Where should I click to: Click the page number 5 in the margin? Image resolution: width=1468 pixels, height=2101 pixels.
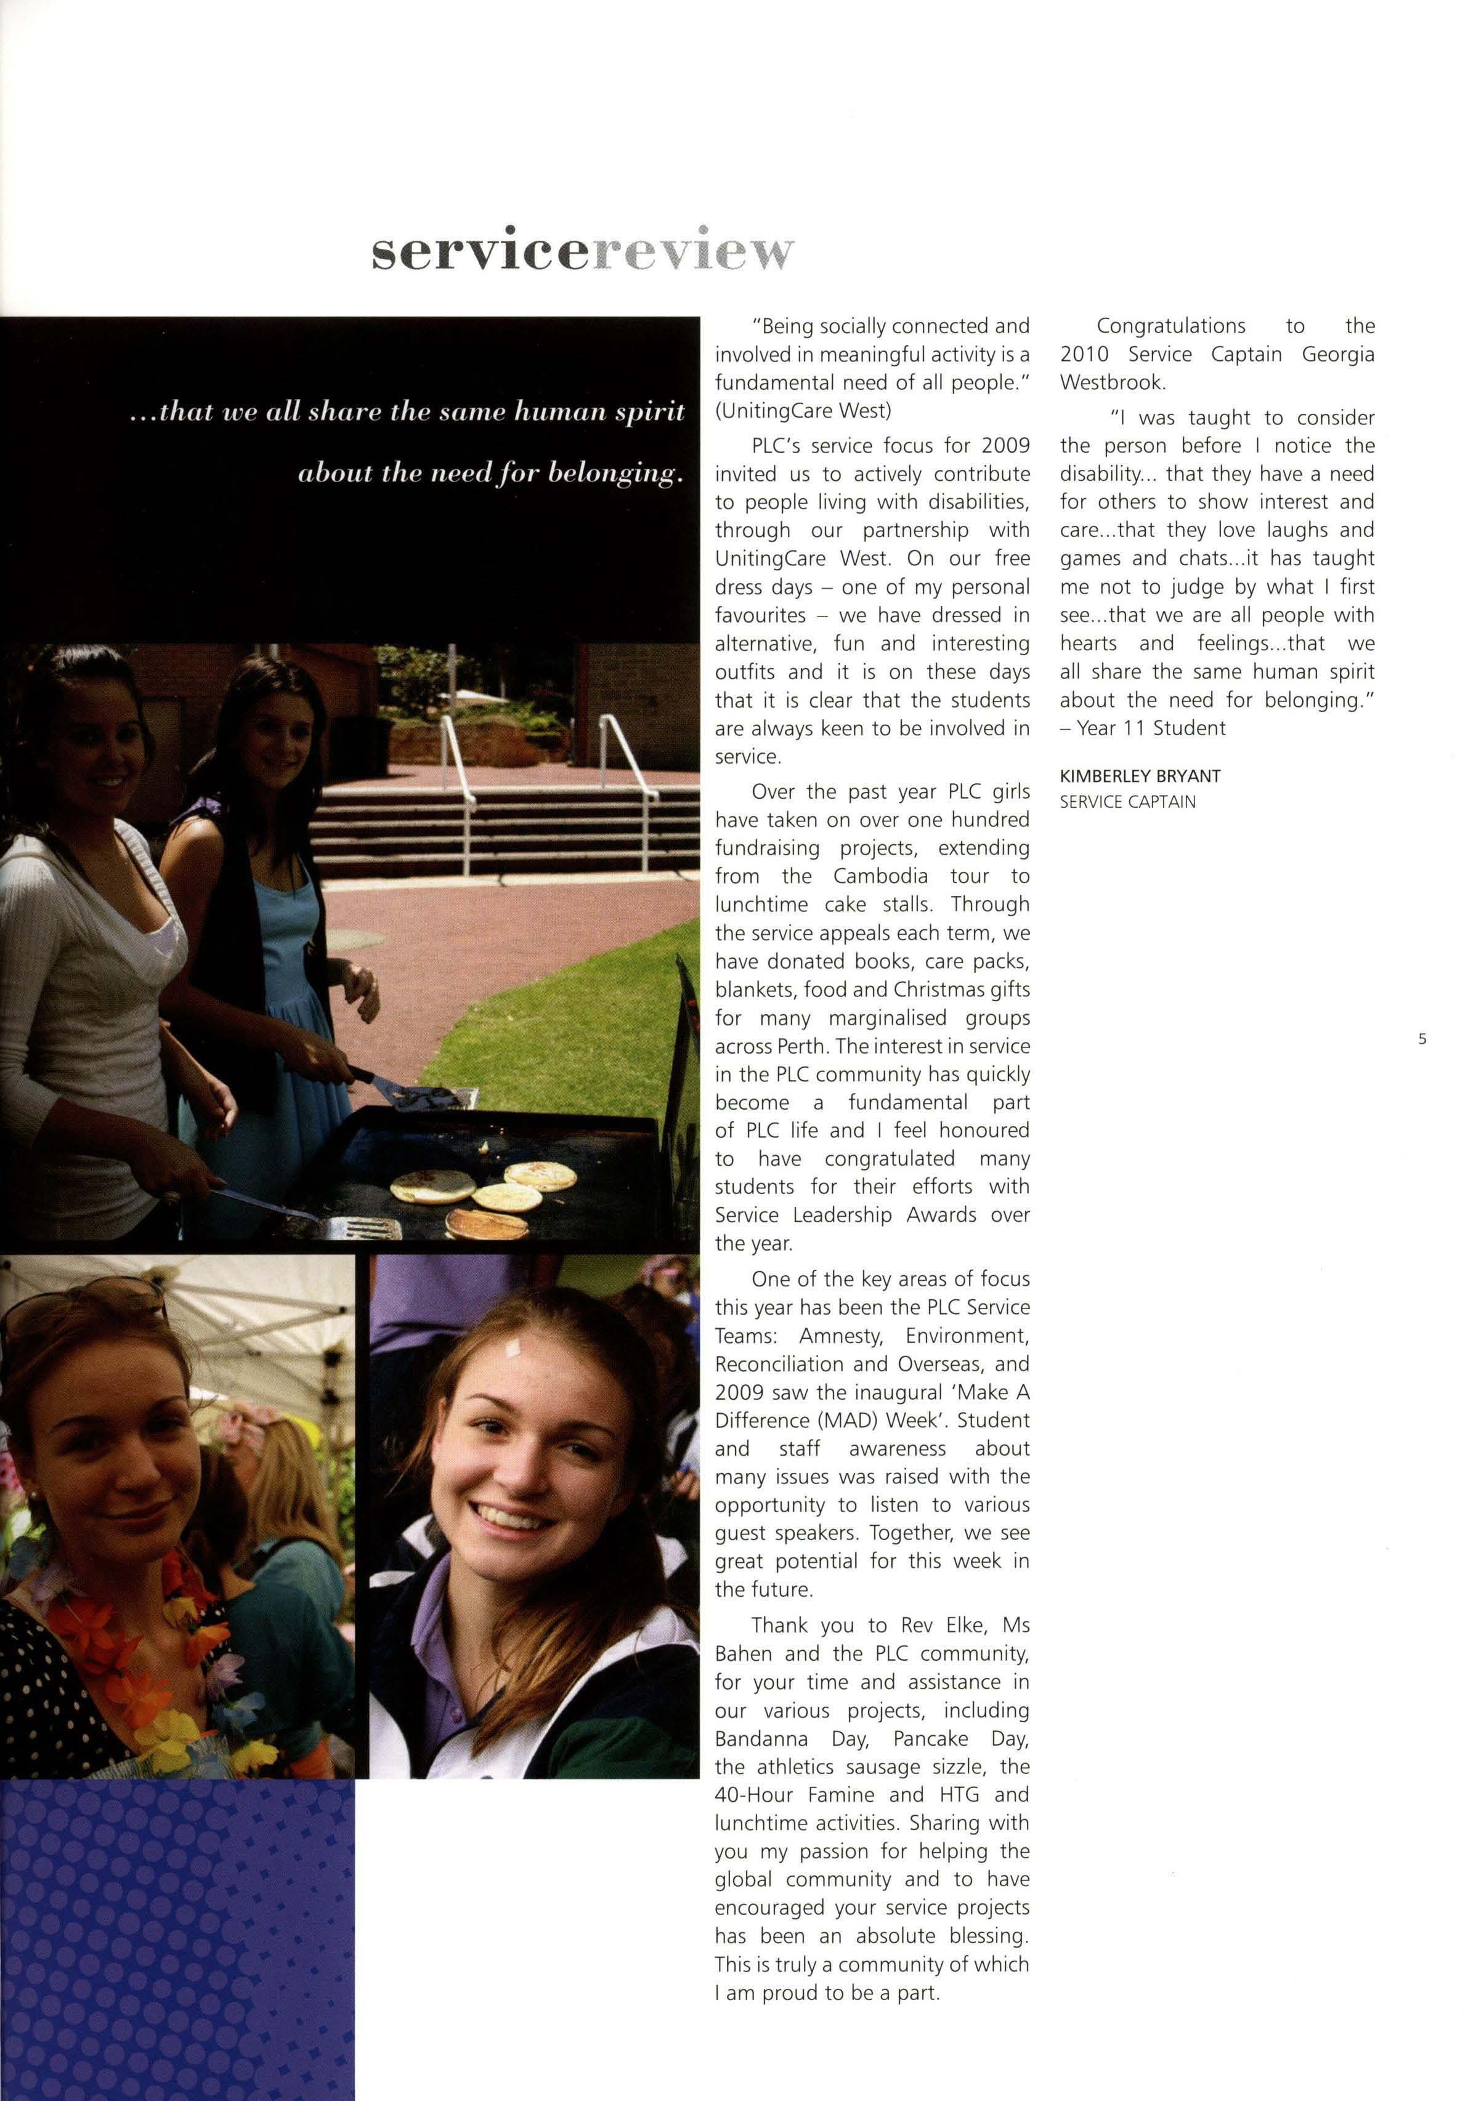(1421, 1039)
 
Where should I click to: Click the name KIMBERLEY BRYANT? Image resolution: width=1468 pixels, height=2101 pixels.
(1140, 776)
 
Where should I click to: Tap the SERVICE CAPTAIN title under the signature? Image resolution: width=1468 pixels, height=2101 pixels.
(1127, 802)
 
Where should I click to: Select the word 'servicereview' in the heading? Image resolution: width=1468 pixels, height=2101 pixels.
(582, 251)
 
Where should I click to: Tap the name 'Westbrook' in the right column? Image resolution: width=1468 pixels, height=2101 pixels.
(1111, 382)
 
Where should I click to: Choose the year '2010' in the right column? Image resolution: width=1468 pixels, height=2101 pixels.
(1085, 354)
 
